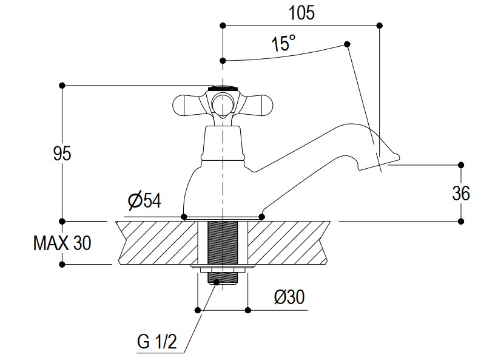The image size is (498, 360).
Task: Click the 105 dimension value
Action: pos(301,13)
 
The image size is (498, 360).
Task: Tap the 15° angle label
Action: pos(283,44)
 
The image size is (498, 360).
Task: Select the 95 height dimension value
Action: pos(62,154)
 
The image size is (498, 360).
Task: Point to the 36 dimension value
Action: pos(461,193)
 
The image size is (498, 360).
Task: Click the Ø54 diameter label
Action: pos(144,201)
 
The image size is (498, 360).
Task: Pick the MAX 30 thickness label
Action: pos(62,243)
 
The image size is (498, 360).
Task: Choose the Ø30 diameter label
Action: pos(289,297)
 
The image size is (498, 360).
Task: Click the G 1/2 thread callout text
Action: pos(156,342)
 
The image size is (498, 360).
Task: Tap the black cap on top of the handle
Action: pos(223,88)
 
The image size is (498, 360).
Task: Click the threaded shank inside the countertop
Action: pos(223,243)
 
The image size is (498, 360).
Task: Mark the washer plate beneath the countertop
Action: pos(223,267)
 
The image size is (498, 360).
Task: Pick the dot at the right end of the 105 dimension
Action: pos(380,25)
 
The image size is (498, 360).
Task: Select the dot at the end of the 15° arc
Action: pos(348,44)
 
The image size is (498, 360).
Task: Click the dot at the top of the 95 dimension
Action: pos(62,85)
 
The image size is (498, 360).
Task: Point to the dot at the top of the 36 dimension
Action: pos(461,165)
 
